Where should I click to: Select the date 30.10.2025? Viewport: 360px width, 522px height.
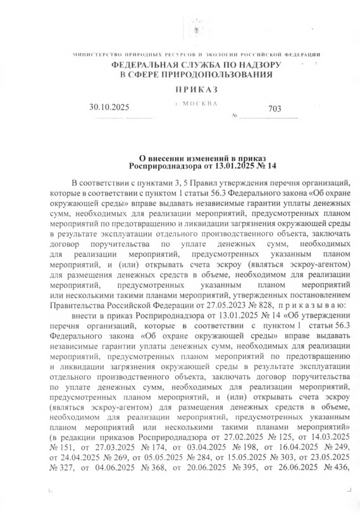click(x=109, y=108)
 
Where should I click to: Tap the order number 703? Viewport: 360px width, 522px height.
click(x=275, y=109)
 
